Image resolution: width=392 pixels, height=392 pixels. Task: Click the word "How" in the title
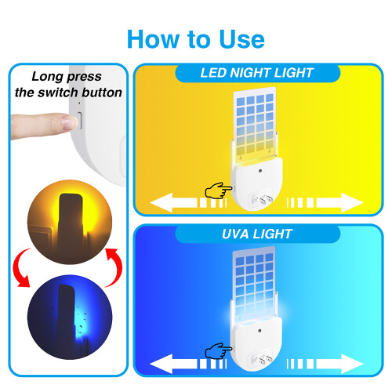[x=154, y=39]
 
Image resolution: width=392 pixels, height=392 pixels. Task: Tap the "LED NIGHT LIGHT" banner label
[x=257, y=73]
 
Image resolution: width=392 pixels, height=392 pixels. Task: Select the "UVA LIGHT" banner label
[x=257, y=234]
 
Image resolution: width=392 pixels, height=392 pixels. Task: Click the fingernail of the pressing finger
[x=69, y=122]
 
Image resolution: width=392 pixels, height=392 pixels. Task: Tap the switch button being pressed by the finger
[x=79, y=121]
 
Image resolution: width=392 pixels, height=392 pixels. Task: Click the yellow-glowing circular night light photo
[x=70, y=222]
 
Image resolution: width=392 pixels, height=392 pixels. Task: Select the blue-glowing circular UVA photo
[x=70, y=317]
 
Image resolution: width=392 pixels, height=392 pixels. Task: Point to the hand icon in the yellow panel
[x=219, y=191]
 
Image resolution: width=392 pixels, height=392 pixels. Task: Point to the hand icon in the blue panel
[x=219, y=350]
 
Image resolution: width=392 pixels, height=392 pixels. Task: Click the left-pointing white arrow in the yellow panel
[x=188, y=202]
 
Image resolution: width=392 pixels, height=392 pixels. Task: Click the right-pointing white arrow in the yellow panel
[x=325, y=202]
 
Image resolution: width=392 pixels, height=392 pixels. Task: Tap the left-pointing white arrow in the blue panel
[x=188, y=364]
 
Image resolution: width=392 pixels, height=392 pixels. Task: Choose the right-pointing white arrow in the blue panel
[x=325, y=364]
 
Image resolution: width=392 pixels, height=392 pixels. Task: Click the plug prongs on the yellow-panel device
[x=263, y=199]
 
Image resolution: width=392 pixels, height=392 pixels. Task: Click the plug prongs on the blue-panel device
[x=262, y=359]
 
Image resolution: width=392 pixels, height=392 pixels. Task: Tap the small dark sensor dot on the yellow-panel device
[x=260, y=171]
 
